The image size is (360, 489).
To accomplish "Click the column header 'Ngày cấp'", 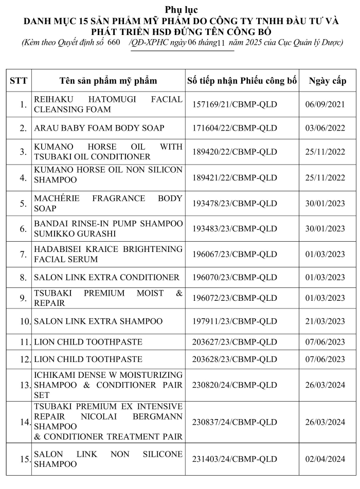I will point(328,81).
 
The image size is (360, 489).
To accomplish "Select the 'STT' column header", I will point(19,81).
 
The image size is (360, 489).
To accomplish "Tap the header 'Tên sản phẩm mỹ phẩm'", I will point(108,81).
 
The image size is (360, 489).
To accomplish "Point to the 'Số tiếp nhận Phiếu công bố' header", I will point(242,81).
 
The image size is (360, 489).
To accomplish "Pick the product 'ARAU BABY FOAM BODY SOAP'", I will point(99,128).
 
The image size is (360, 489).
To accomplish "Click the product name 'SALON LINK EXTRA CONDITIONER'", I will point(106,277).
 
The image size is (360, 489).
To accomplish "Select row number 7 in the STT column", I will point(23,254).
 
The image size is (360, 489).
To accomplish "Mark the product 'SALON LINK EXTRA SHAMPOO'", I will point(98,321).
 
